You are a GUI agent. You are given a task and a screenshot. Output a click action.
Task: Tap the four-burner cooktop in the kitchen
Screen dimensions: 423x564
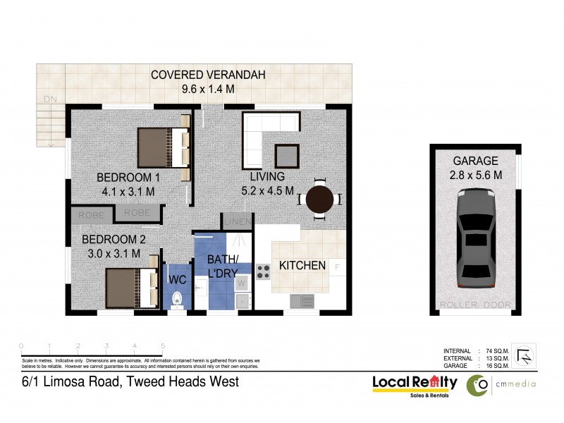tap(263, 271)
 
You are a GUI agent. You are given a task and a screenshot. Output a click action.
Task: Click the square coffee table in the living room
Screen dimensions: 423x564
tap(286, 154)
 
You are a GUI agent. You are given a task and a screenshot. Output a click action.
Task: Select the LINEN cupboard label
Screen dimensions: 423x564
tap(235, 223)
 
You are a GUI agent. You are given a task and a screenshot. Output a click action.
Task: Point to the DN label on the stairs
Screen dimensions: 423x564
tap(49, 98)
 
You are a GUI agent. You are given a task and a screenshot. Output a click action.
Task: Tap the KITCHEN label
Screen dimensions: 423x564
tap(302, 266)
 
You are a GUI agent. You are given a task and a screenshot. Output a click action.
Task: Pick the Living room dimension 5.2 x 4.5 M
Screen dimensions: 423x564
tap(266, 190)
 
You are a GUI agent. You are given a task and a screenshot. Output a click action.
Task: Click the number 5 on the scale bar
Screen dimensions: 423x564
tap(163, 345)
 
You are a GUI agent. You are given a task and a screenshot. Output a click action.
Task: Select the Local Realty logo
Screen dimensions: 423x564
tap(415, 384)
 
